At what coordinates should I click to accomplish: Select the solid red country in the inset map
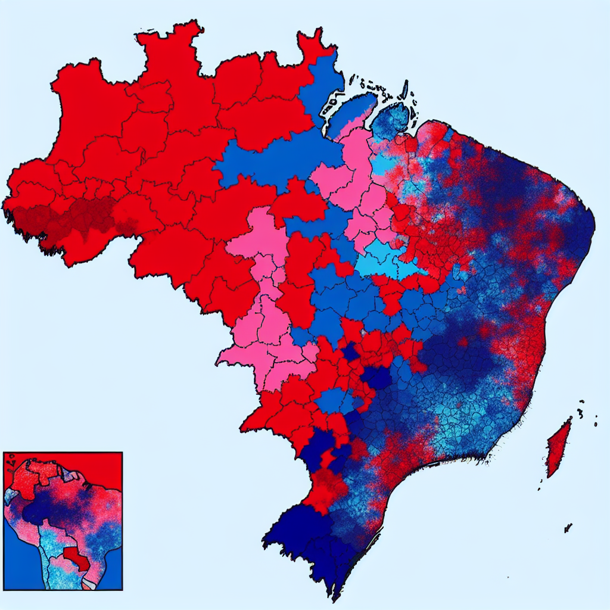pos(76,558)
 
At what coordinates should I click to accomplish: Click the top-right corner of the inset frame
pos(122,453)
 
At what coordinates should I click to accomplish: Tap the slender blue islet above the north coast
pos(405,89)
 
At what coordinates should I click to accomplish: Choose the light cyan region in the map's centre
pos(387,262)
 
